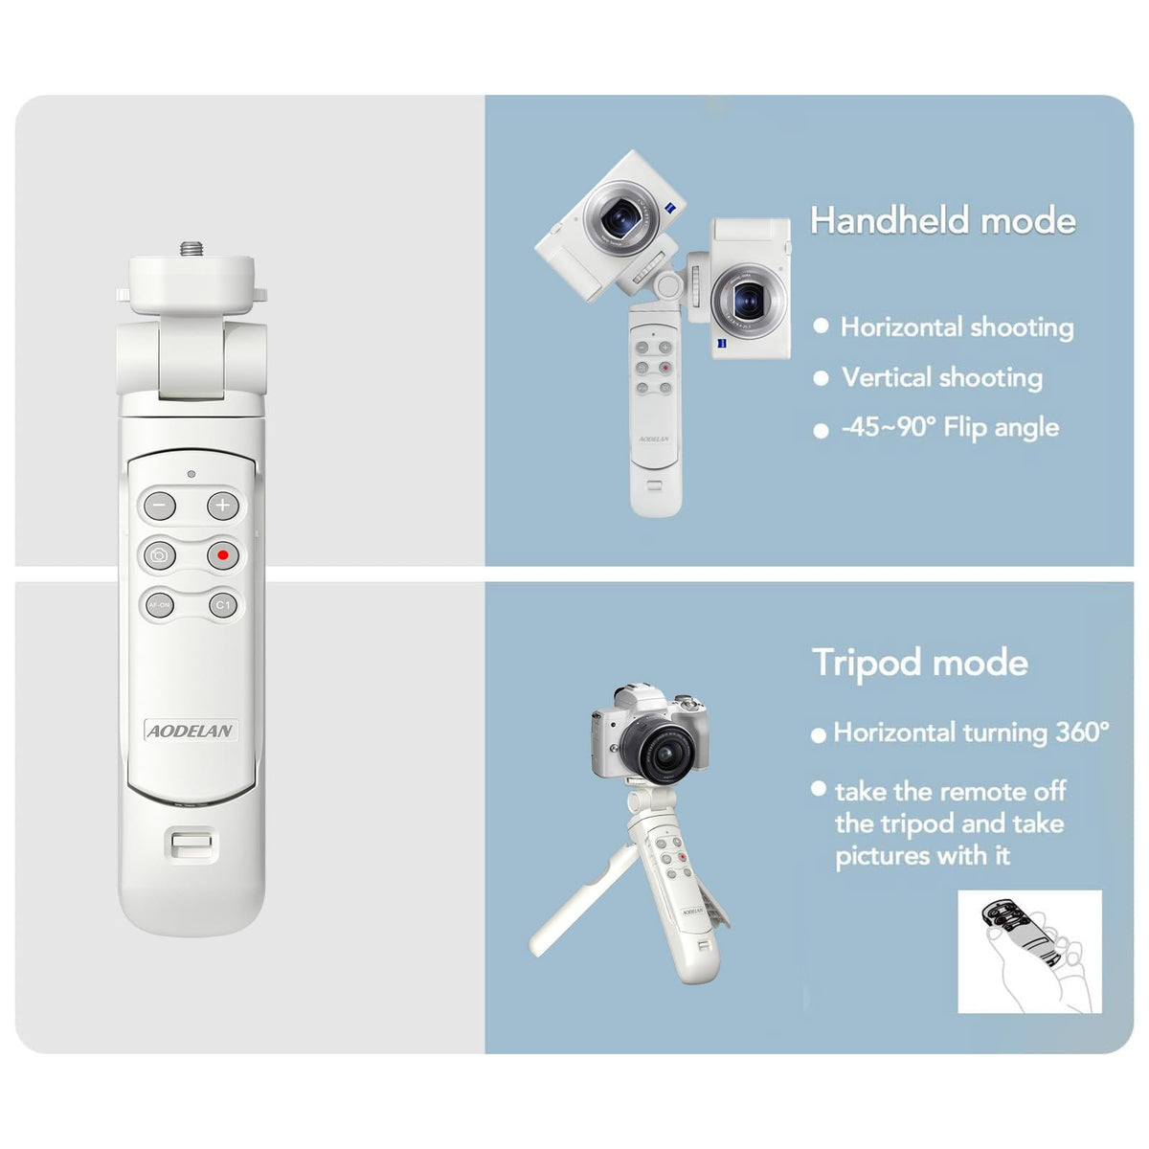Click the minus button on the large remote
(160, 505)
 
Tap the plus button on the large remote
(222, 505)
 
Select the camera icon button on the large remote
(160, 555)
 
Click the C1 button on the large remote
(222, 605)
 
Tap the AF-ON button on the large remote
(160, 605)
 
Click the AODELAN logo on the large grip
(191, 731)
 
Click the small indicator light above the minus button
(191, 474)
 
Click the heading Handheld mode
(943, 220)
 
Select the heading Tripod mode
(920, 663)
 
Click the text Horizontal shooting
(957, 327)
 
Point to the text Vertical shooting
(942, 377)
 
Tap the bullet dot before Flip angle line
(821, 431)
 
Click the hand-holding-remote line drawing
(1029, 952)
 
